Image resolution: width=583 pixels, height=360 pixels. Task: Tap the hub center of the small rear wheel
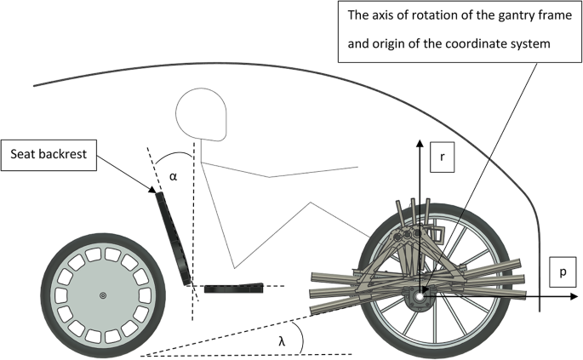[x=103, y=295]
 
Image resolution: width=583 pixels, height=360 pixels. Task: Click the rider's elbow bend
[x=269, y=177]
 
